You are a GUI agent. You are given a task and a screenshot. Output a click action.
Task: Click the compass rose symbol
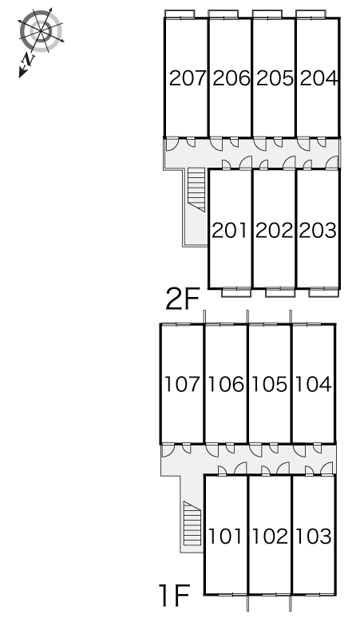[x=41, y=31]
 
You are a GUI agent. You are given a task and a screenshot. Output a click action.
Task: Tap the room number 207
[x=188, y=78]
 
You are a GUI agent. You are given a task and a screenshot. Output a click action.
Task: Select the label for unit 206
[x=231, y=78]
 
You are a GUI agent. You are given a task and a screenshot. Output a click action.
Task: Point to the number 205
[x=275, y=78]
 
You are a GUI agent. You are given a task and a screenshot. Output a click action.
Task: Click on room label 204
[x=319, y=78]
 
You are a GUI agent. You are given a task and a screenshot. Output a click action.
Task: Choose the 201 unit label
[x=230, y=231]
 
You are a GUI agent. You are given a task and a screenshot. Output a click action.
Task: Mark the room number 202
[x=274, y=231]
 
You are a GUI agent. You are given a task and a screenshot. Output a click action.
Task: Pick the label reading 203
[x=318, y=231]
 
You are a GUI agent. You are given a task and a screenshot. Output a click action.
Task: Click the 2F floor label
[x=183, y=299]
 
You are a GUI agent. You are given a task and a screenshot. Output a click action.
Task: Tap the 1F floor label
[x=176, y=596]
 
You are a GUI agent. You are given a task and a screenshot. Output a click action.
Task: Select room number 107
[x=182, y=384]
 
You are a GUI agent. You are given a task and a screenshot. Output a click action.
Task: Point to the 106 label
[x=226, y=384]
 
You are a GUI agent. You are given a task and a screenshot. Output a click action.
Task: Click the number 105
[x=270, y=384]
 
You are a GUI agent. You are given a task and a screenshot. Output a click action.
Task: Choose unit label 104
[x=314, y=384]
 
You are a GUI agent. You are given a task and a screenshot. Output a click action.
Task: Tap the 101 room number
[x=225, y=537]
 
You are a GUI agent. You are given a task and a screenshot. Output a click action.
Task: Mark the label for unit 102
[x=270, y=537]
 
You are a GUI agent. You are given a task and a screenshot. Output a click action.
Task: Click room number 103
[x=314, y=537]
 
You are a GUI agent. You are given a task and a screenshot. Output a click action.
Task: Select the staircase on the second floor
[x=196, y=189]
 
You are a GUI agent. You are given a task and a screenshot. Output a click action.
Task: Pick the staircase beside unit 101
[x=192, y=524]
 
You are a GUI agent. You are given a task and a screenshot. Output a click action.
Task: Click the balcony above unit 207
[x=180, y=14]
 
